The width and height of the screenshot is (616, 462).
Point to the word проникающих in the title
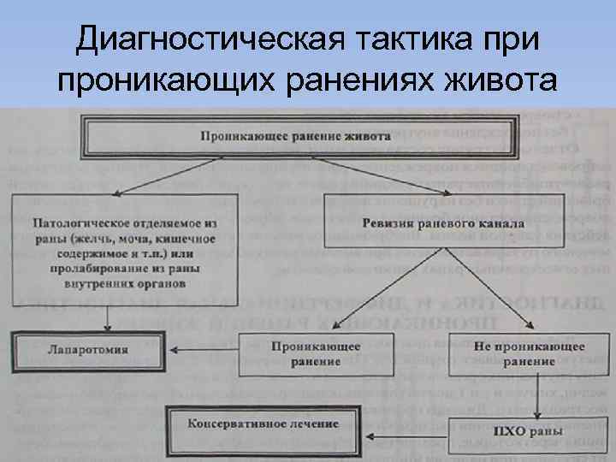point(159,82)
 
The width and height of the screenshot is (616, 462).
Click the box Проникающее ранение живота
point(296,135)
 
